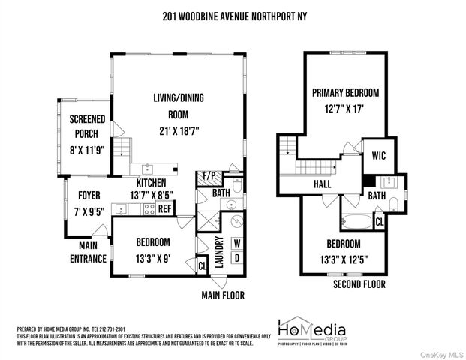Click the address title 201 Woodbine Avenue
tap(233, 16)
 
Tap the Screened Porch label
tap(87, 127)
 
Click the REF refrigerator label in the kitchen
tap(164, 209)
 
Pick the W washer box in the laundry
tap(236, 243)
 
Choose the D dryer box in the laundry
tap(236, 259)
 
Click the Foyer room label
tap(89, 196)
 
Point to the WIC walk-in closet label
tap(377, 157)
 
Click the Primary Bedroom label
tap(345, 93)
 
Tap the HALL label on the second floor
tap(322, 184)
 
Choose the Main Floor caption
tap(223, 295)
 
